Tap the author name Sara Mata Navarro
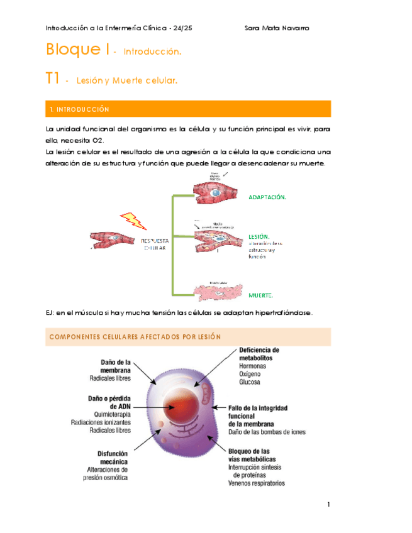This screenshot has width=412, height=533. (276, 28)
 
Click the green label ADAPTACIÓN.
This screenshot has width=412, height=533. (267, 197)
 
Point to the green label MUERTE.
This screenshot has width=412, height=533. (260, 295)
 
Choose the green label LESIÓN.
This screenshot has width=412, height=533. (259, 236)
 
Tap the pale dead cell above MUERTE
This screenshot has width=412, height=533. (217, 290)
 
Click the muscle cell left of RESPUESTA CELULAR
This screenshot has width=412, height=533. (114, 240)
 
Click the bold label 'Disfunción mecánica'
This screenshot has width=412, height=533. (113, 457)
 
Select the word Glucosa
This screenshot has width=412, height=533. (250, 382)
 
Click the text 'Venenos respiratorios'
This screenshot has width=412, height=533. (256, 483)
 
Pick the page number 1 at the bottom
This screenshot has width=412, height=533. (328, 505)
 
